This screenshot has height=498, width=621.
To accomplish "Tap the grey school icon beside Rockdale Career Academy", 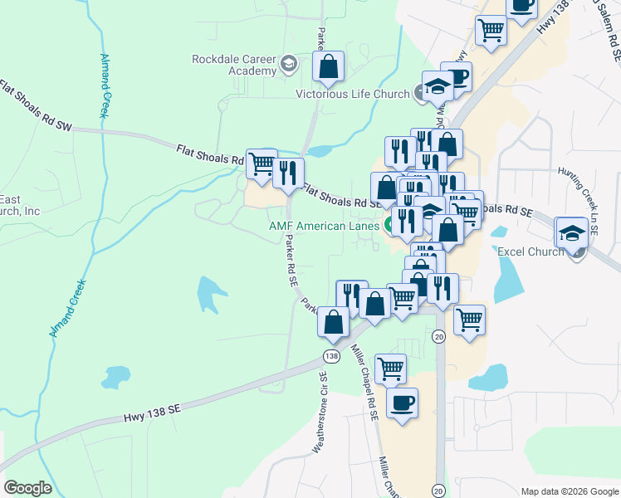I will click(x=288, y=63).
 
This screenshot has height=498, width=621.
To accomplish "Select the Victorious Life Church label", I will click(x=353, y=94).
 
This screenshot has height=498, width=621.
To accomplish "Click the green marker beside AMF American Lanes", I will click(x=388, y=226).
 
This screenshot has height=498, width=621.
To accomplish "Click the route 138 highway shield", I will click(x=332, y=355).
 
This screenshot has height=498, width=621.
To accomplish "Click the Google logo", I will click(x=27, y=488).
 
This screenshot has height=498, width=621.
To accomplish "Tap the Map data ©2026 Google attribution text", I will click(x=570, y=491).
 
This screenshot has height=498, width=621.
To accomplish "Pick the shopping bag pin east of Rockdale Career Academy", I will click(x=329, y=66).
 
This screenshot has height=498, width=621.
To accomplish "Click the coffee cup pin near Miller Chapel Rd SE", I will click(x=403, y=403).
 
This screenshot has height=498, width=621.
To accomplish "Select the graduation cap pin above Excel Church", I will click(x=572, y=233).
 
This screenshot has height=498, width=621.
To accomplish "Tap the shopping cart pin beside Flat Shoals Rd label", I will click(x=262, y=163).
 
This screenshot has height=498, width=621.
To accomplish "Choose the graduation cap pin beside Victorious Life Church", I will click(x=437, y=85).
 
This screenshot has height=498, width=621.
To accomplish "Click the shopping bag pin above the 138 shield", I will click(x=333, y=322).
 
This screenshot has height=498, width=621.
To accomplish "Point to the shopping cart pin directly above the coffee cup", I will click(x=390, y=368).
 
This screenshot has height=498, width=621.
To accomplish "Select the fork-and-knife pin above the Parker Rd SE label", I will click(x=288, y=173).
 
